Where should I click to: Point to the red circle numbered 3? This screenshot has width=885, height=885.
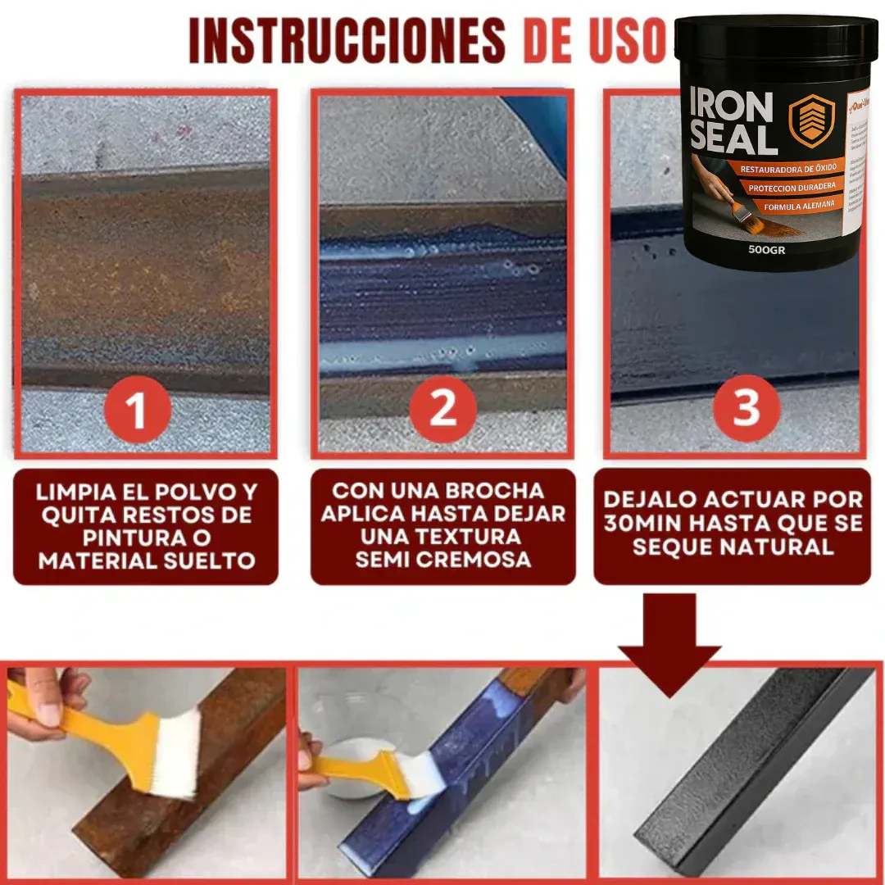point(745,407)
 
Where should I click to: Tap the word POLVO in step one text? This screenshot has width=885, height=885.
point(197,492)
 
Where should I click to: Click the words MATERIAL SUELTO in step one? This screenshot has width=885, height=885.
point(147,561)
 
